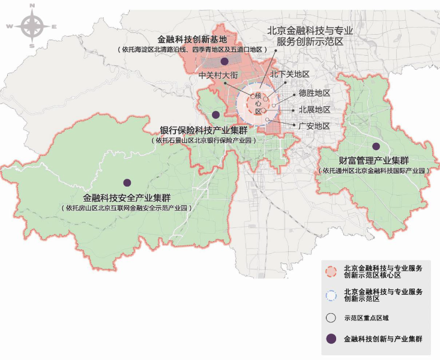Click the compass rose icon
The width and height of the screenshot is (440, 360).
[31, 26]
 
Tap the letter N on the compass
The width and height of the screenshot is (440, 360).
[31, 5]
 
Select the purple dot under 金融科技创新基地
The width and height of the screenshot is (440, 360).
[224, 61]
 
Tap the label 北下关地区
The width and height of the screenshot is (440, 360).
[289, 74]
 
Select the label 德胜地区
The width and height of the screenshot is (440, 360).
[315, 94]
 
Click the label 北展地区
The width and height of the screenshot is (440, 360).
[315, 110]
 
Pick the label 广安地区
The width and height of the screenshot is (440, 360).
[315, 126]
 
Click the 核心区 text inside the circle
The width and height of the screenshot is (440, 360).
[258, 103]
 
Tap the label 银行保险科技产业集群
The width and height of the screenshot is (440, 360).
[203, 130]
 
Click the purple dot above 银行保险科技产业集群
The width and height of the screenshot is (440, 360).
[215, 115]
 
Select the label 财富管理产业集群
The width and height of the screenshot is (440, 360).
[374, 160]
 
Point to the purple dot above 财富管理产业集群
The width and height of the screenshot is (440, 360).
[376, 146]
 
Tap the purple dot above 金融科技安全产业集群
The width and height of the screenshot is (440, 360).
[127, 182]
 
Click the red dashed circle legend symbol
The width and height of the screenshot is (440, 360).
[330, 271]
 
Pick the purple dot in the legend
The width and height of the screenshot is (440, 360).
[330, 339]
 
